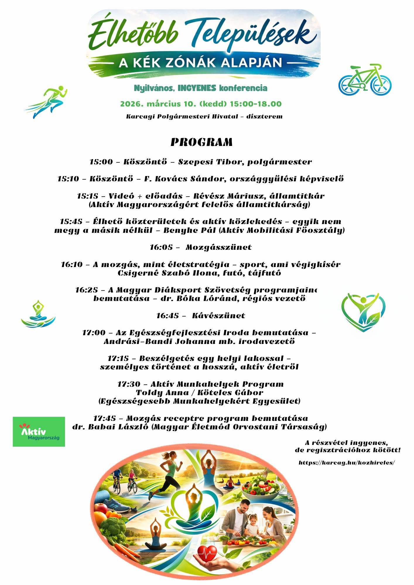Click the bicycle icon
tap(365, 80)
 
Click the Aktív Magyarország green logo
tap(39, 431)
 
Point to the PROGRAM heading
tap(202, 142)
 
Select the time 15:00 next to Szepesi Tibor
tap(101, 162)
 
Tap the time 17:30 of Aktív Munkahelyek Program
tap(128, 384)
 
